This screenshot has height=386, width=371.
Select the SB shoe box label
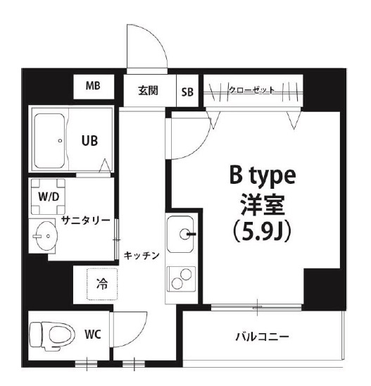(x=188, y=92)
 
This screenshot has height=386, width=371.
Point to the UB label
(x=88, y=140)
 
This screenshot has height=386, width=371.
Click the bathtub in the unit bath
(x=49, y=139)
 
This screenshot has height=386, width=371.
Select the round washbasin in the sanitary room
(x=46, y=234)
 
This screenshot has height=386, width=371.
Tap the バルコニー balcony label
(x=262, y=336)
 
